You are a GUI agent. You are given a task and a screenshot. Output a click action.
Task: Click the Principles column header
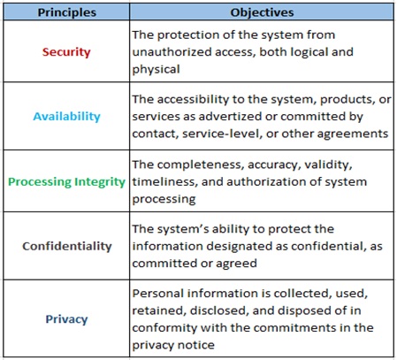pyautogui.click(x=67, y=12)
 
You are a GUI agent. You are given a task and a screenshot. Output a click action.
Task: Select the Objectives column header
pyautogui.click(x=262, y=12)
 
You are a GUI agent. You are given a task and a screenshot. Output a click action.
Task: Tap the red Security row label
pyautogui.click(x=66, y=52)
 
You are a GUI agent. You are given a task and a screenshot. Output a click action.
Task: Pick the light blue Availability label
pyautogui.click(x=66, y=116)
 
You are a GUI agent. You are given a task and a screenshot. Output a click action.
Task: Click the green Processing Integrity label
pyautogui.click(x=66, y=181)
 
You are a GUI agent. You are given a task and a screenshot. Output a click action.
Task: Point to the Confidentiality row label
pyautogui.click(x=67, y=246)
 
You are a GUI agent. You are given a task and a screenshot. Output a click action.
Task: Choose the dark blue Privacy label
pyautogui.click(x=66, y=319)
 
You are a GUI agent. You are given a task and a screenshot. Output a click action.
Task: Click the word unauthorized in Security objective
pyautogui.click(x=172, y=52)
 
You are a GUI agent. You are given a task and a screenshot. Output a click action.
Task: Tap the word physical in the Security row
pyautogui.click(x=156, y=70)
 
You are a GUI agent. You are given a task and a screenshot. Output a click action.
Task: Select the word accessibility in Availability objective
pyautogui.click(x=193, y=99)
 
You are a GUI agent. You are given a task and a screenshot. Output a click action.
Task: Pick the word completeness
pyautogui.click(x=201, y=165)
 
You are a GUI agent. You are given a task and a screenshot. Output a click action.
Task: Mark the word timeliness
pyautogui.click(x=164, y=181)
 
